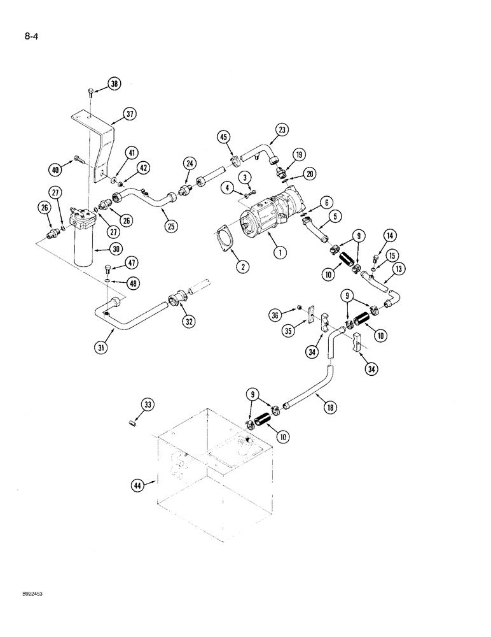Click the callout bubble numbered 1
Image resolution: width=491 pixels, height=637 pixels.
(279, 252)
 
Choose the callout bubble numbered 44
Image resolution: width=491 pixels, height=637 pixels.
(138, 485)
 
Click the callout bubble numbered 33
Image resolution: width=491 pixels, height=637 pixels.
(148, 404)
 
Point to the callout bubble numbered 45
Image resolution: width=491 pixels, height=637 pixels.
(224, 135)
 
